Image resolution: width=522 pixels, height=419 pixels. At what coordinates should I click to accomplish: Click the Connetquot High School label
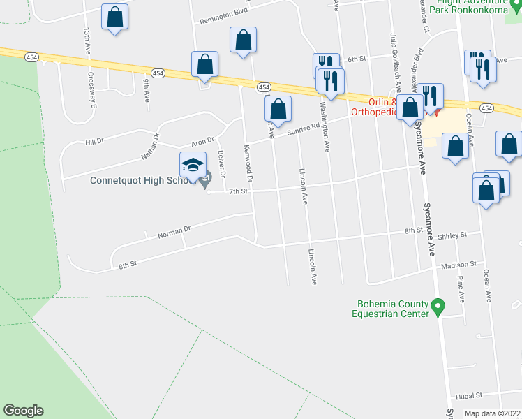[x=137, y=181]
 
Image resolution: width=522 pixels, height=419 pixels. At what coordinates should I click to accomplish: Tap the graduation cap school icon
[x=193, y=166]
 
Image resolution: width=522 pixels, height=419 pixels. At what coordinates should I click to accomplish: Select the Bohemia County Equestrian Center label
[x=392, y=309]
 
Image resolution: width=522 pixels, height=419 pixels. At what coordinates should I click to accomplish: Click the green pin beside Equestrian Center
[x=438, y=307]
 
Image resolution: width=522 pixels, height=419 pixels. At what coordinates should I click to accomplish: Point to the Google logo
[x=23, y=411]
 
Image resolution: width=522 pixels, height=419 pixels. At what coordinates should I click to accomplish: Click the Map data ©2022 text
[x=493, y=413]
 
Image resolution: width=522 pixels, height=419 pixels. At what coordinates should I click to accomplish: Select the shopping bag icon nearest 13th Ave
[x=114, y=17]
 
